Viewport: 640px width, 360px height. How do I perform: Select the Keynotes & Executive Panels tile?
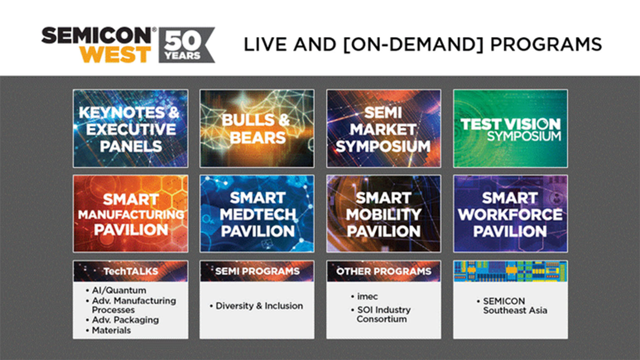point(130,129)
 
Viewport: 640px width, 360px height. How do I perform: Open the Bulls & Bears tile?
point(257,129)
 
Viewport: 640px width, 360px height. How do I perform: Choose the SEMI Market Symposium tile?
point(384,129)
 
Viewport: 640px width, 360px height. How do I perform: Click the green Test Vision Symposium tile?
point(510,129)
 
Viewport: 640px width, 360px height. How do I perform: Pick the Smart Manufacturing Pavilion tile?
point(130,214)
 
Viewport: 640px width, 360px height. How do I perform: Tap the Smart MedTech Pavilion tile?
point(257,214)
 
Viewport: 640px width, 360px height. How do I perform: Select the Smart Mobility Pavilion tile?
point(384,214)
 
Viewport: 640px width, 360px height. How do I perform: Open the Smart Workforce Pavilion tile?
point(510,214)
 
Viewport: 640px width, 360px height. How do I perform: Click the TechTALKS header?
point(130,271)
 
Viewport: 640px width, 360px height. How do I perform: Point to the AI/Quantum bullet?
point(119,291)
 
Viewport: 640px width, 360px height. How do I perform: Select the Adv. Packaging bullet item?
point(125,320)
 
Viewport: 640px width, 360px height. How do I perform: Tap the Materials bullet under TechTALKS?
point(111,330)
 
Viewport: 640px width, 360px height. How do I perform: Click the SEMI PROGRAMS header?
point(257,271)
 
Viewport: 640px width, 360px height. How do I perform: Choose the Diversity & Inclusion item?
point(259,306)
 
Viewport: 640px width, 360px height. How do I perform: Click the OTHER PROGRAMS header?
point(384,271)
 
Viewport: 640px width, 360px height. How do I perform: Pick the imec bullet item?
point(367,296)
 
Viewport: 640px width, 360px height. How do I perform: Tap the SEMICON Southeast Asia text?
point(514,306)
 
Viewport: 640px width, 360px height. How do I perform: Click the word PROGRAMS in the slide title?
point(546,44)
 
